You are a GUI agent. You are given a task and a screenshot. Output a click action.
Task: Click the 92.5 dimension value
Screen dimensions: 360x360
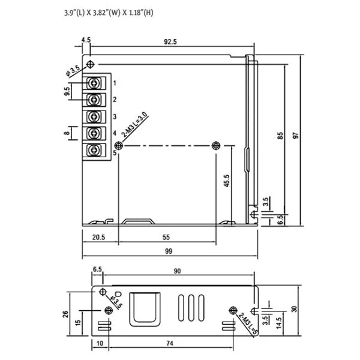coord(170,41)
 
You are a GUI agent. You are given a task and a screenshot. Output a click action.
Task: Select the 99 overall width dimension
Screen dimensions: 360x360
coord(169,251)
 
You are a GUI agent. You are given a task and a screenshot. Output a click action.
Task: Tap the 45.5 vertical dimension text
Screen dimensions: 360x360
coord(227,181)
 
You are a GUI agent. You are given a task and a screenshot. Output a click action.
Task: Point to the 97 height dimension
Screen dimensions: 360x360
coord(296,136)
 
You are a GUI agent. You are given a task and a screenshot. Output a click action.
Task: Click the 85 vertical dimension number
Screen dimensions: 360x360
coord(280,136)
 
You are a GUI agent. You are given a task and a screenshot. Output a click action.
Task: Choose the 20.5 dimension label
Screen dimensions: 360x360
coord(99,237)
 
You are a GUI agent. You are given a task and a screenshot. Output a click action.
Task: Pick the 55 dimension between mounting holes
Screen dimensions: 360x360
coord(166,237)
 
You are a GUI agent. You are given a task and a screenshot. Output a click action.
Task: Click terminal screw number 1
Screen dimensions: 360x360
coord(94,83)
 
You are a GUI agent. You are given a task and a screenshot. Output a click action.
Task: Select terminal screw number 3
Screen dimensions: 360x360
coord(94,116)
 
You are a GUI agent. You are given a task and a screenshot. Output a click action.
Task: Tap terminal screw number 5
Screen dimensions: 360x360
coord(94,150)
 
